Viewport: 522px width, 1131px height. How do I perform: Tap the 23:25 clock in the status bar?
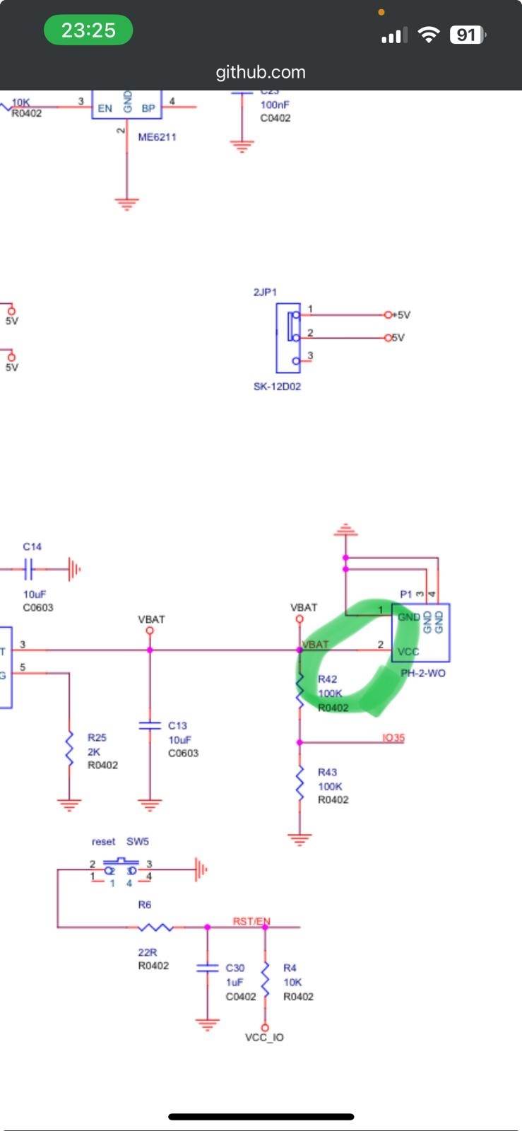[x=88, y=30]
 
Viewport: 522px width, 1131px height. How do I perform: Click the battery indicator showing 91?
[x=467, y=35]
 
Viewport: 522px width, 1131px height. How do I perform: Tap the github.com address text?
[x=261, y=72]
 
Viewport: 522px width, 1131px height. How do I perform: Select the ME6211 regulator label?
[x=157, y=137]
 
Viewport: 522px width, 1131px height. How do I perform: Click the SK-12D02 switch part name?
[x=277, y=387]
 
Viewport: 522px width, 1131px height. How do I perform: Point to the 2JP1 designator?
[x=265, y=292]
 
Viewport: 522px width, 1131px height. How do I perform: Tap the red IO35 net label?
[x=393, y=738]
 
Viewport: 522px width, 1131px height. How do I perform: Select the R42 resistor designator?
[x=327, y=679]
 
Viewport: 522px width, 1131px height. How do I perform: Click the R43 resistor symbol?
[x=300, y=783]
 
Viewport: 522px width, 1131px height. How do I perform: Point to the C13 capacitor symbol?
[x=150, y=725]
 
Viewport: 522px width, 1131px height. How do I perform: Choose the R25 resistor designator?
[x=97, y=737]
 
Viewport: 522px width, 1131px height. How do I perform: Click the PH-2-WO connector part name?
[x=423, y=673]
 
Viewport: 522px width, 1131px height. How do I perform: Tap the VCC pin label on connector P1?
[x=408, y=652]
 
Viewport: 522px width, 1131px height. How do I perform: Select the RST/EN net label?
[x=251, y=922]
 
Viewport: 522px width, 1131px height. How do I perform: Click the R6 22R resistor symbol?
[x=155, y=927]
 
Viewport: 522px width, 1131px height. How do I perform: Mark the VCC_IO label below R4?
[x=264, y=1038]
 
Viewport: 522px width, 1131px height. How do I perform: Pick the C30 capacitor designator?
[x=235, y=968]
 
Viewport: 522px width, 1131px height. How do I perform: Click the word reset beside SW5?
[x=103, y=842]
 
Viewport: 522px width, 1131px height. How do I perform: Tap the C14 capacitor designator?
[x=32, y=546]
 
